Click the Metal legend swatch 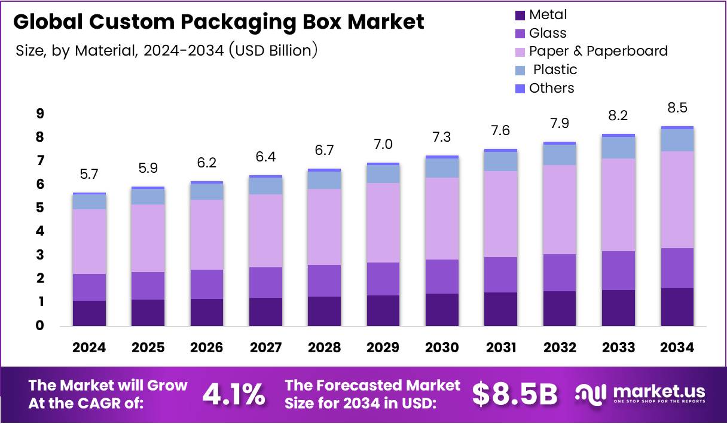coord(519,15)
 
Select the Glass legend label coord(548,33)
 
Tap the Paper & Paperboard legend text coord(598,51)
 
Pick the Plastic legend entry coord(555,69)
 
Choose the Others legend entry coord(551,88)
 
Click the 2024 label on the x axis coord(90,347)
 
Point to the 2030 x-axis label coord(442,347)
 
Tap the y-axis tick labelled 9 coord(39,114)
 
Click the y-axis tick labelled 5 coord(39,208)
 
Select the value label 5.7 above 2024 coord(90,175)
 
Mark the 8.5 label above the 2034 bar coord(677,109)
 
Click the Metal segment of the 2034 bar coord(677,307)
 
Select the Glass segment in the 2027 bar coord(265,282)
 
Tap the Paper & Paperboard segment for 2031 coord(500,213)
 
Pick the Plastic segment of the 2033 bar coord(618,148)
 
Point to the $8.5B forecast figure coord(515,394)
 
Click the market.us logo coord(640,394)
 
